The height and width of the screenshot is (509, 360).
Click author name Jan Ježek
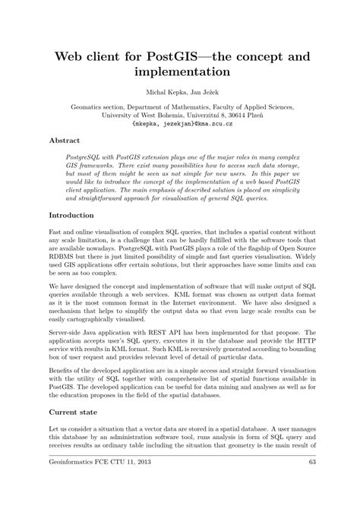[201, 93]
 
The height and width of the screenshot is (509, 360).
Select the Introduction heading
[72, 216]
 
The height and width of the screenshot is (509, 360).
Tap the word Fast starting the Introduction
[55, 231]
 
